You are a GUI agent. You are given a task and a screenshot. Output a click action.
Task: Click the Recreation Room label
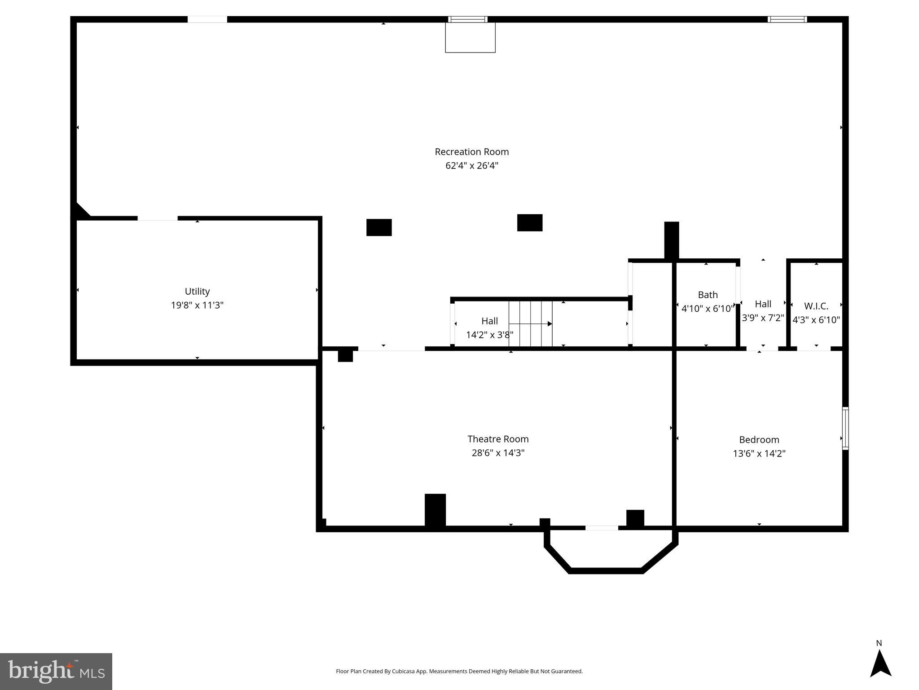pyautogui.click(x=471, y=152)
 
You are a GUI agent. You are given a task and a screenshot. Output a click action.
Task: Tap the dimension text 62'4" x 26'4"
pyautogui.click(x=471, y=166)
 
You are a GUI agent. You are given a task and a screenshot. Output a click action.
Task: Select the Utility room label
pyautogui.click(x=197, y=291)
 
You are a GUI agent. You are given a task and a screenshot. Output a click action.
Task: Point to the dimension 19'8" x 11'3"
pyautogui.click(x=197, y=305)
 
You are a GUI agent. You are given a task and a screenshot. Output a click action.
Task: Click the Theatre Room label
pyautogui.click(x=498, y=439)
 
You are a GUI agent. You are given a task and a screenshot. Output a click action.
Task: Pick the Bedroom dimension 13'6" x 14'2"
pyautogui.click(x=759, y=454)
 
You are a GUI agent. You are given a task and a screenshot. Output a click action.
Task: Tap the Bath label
pyautogui.click(x=708, y=295)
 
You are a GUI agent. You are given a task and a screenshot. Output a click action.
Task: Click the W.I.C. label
pyautogui.click(x=816, y=306)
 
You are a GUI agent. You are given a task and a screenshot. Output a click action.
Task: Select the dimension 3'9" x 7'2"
pyautogui.click(x=763, y=318)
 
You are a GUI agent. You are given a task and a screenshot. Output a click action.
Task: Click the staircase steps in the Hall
pyautogui.click(x=530, y=323)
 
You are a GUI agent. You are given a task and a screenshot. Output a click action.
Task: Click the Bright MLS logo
pyautogui.click(x=56, y=671)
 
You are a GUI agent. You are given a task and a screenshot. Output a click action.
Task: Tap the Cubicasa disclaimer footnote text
pyautogui.click(x=459, y=671)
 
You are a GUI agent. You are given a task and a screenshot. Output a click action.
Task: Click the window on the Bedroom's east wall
pyautogui.click(x=845, y=428)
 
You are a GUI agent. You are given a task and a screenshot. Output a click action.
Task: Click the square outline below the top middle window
pyautogui.click(x=470, y=38)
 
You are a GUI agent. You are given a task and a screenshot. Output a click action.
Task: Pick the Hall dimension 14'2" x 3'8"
pyautogui.click(x=489, y=335)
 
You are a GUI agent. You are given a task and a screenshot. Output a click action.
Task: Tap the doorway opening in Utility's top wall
pyautogui.click(x=158, y=218)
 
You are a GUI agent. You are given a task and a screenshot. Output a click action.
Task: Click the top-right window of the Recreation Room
pyautogui.click(x=787, y=19)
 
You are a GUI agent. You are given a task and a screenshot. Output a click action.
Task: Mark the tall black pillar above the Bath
pyautogui.click(x=671, y=240)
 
